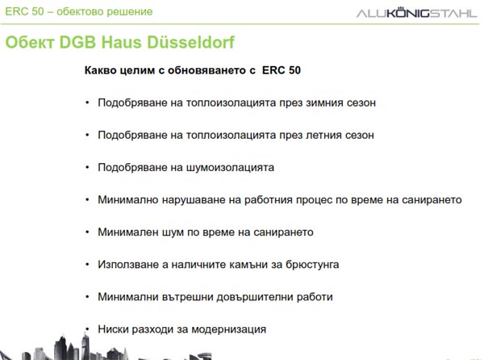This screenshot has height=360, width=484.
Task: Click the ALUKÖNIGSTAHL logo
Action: [x=416, y=13]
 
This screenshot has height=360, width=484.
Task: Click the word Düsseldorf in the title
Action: [x=190, y=42]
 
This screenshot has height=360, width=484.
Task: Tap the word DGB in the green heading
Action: [x=77, y=42]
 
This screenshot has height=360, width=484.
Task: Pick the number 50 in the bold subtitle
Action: [x=294, y=70]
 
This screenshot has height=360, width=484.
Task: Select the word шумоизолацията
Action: [x=230, y=168]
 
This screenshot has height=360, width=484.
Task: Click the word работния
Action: [x=268, y=199]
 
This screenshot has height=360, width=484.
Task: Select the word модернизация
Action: [x=229, y=329]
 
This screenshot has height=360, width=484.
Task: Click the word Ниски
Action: [x=113, y=329]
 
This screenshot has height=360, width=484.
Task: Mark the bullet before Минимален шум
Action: [x=87, y=232]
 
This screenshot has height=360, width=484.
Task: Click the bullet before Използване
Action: [x=87, y=264]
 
